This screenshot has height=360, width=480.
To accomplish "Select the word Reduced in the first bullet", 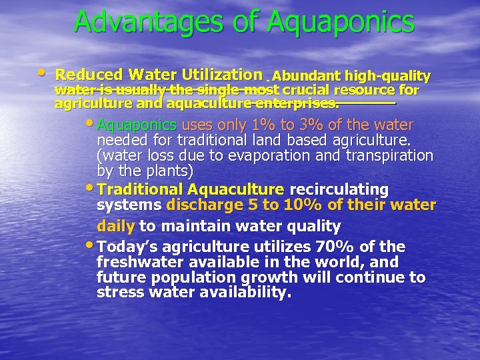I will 83,75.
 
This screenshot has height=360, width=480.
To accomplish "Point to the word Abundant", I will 304,76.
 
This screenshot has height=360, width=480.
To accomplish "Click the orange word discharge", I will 199,205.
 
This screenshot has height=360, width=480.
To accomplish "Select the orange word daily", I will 116,226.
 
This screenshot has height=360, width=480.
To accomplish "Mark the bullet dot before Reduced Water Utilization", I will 43,71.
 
